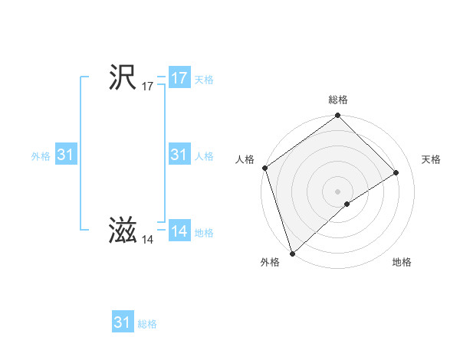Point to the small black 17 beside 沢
point(147,87)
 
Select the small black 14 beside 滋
point(147,240)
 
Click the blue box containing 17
point(179,78)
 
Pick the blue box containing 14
point(179,231)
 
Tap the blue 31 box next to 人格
point(179,155)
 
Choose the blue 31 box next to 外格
point(65,155)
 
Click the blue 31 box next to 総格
point(122,322)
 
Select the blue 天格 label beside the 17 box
point(203,80)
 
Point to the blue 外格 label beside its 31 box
point(41,156)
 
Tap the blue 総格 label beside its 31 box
point(147,324)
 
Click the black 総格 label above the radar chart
point(338,100)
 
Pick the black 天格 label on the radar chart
point(431,159)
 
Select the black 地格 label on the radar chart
point(402,263)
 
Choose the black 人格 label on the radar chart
point(245,159)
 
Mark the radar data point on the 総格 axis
point(338,116)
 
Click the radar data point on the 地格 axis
point(347,204)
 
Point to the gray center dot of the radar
point(338,191)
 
